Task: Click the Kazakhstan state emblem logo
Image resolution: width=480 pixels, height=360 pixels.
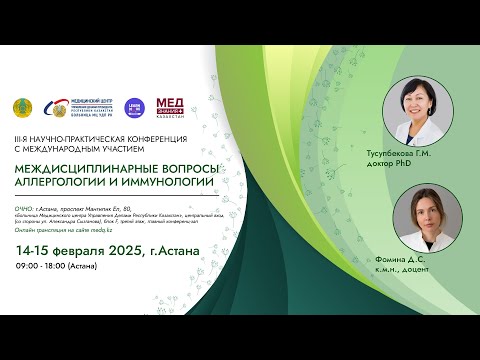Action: click(x=21, y=107)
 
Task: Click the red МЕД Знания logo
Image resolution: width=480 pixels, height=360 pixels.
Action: click(x=169, y=106)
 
